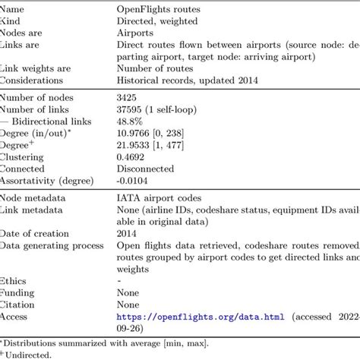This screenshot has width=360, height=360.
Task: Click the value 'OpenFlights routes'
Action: point(159,8)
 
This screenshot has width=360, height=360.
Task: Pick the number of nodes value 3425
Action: point(128,96)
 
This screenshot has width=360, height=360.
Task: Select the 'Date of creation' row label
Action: point(36,233)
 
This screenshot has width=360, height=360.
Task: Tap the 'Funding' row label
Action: point(18,292)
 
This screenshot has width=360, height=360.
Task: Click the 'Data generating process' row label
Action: point(50,245)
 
